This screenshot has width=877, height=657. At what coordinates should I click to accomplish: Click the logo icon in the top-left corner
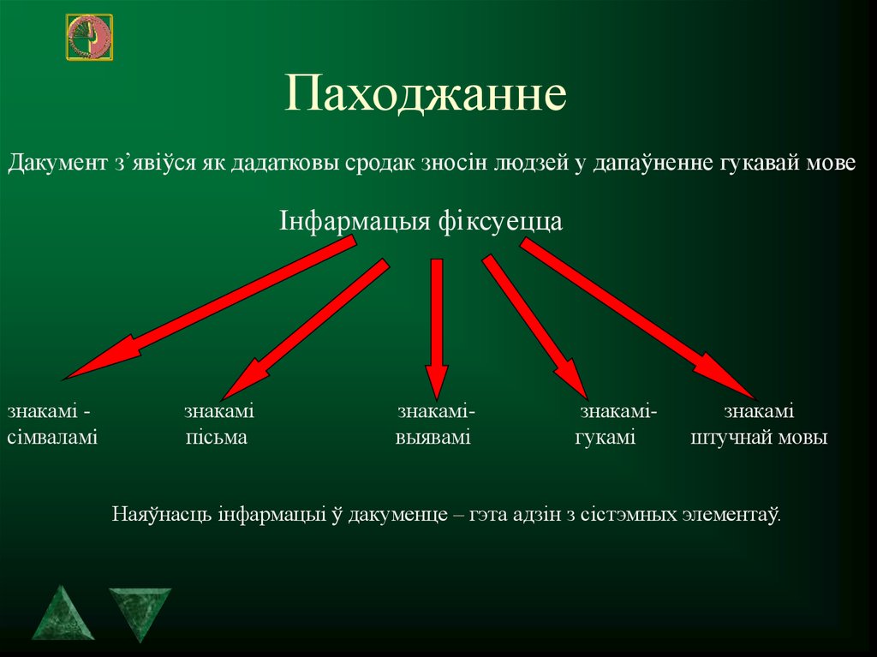[89, 37]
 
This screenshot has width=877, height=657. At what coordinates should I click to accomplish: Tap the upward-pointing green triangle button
[64, 613]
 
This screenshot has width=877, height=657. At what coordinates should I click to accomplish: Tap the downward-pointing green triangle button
[139, 612]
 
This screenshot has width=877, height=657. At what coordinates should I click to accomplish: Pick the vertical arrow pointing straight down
[437, 326]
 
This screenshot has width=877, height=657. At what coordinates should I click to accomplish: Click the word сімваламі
[52, 439]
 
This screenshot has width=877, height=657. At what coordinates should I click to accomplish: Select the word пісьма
[216, 439]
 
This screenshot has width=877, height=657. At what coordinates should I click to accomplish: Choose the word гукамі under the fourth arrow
[605, 439]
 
